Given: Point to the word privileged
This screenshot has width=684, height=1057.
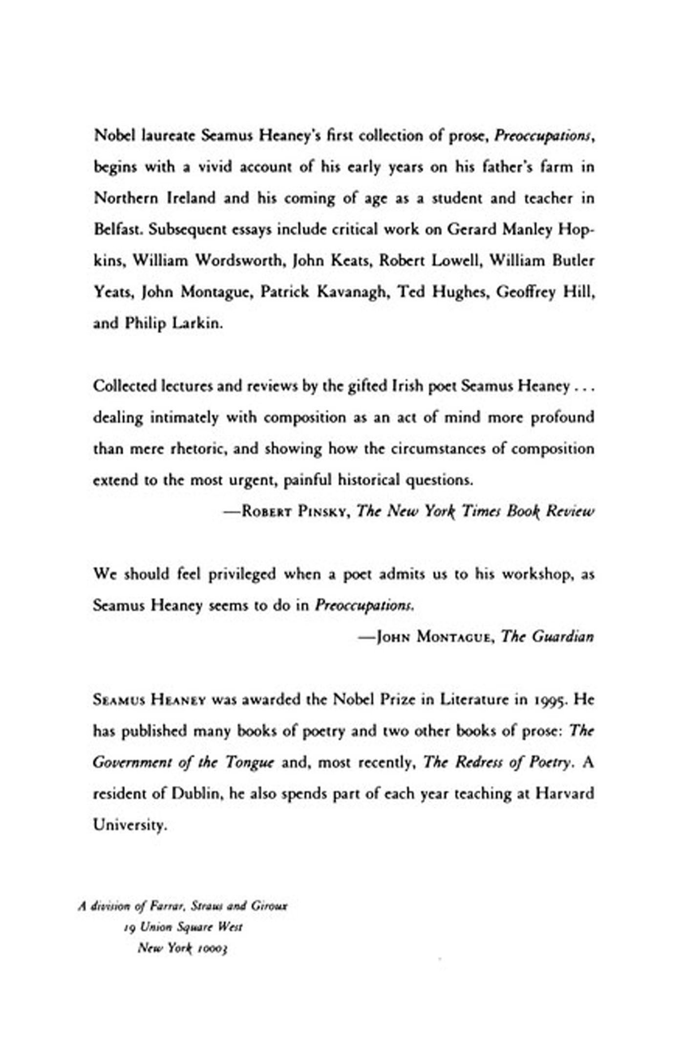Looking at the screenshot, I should tap(242, 574).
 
